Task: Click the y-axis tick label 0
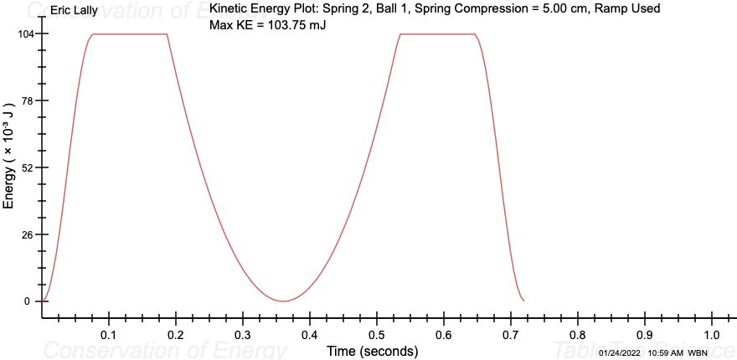pos(28,301)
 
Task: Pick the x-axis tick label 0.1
pos(109,335)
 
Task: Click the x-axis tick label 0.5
pos(377,335)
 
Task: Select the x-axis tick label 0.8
pos(578,335)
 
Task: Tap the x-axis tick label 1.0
pos(712,335)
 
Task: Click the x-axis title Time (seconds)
pos(372,351)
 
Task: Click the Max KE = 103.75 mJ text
pos(267,25)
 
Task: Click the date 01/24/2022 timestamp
pos(620,353)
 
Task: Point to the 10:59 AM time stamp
pos(666,353)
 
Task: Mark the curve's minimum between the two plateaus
pos(284,301)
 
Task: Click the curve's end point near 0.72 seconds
pos(523,301)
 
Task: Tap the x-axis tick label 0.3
pos(243,335)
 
